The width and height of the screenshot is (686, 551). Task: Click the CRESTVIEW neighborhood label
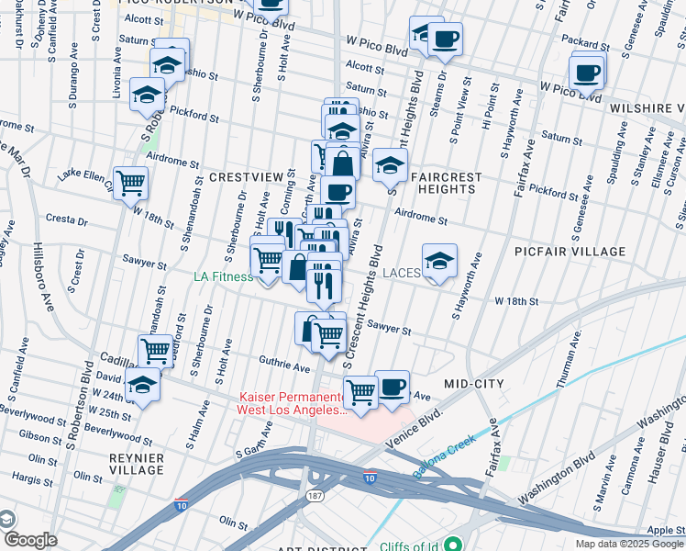(246, 175)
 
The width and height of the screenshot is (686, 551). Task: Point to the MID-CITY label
(474, 383)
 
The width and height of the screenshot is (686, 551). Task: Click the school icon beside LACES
(440, 261)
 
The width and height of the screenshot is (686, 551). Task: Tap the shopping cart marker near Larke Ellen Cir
(131, 182)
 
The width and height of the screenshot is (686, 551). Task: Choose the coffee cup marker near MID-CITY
(392, 386)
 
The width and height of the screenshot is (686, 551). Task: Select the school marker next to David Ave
(143, 387)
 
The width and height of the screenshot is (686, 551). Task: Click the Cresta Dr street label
(69, 221)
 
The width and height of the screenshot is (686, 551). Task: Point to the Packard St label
(587, 42)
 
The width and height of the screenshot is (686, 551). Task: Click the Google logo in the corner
(29, 541)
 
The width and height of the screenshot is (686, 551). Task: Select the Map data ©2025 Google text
(628, 544)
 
